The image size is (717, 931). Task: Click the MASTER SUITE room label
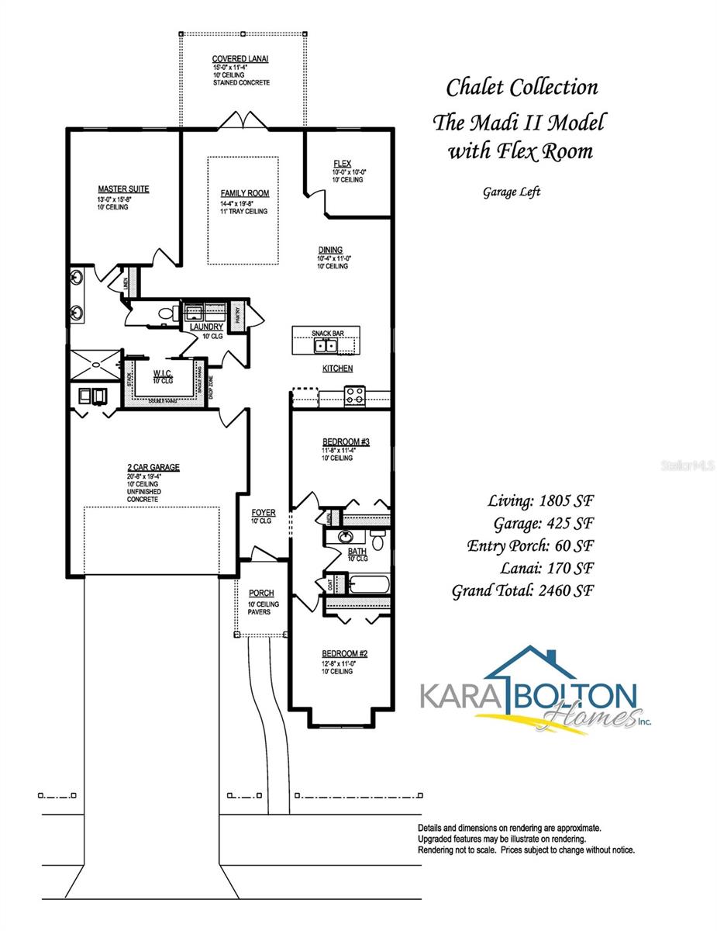click(x=123, y=189)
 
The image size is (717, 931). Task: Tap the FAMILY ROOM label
click(x=244, y=193)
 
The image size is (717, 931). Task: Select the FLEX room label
click(x=342, y=164)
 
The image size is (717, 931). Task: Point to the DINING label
click(x=329, y=250)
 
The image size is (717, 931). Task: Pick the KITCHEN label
click(x=338, y=369)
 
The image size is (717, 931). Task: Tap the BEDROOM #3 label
click(x=346, y=441)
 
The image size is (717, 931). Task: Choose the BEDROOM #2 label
click(x=345, y=654)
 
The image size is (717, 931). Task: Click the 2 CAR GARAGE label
click(x=153, y=467)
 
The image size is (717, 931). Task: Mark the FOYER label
click(x=264, y=513)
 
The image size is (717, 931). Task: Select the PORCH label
click(x=261, y=594)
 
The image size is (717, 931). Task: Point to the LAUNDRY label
click(x=206, y=327)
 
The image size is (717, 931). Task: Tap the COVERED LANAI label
click(x=240, y=59)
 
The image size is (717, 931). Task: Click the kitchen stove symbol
click(x=353, y=396)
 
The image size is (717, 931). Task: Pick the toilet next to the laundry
click(x=166, y=313)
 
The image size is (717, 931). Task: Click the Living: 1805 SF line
click(x=541, y=500)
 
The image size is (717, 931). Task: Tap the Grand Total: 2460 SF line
click(x=523, y=590)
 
